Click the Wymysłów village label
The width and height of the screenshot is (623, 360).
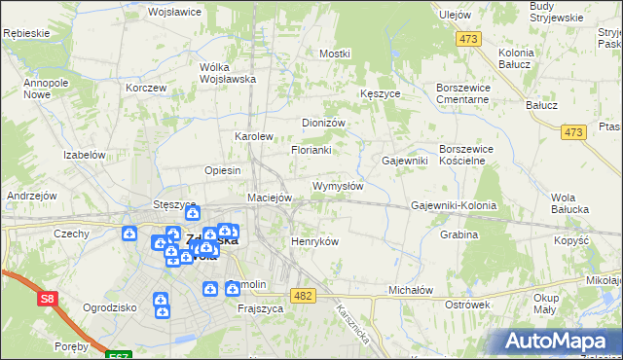pyautogui.click(x=337, y=186)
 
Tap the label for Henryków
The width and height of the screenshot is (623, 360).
pyautogui.click(x=315, y=241)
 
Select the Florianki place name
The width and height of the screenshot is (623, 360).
pyautogui.click(x=311, y=151)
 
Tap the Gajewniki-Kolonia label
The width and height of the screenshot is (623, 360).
pyautogui.click(x=454, y=206)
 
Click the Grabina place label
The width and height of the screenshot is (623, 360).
pyautogui.click(x=458, y=234)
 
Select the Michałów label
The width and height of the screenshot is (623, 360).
pyautogui.click(x=410, y=290)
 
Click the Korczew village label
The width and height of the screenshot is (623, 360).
pyautogui.click(x=146, y=88)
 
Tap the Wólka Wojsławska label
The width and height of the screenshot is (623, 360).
pyautogui.click(x=227, y=73)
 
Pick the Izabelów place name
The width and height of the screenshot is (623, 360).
pyautogui.click(x=84, y=155)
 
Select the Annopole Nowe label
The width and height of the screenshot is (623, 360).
pyautogui.click(x=45, y=90)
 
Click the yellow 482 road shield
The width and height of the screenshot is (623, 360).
pyautogui.click(x=303, y=295)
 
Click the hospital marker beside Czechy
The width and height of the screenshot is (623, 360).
pyautogui.click(x=128, y=233)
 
